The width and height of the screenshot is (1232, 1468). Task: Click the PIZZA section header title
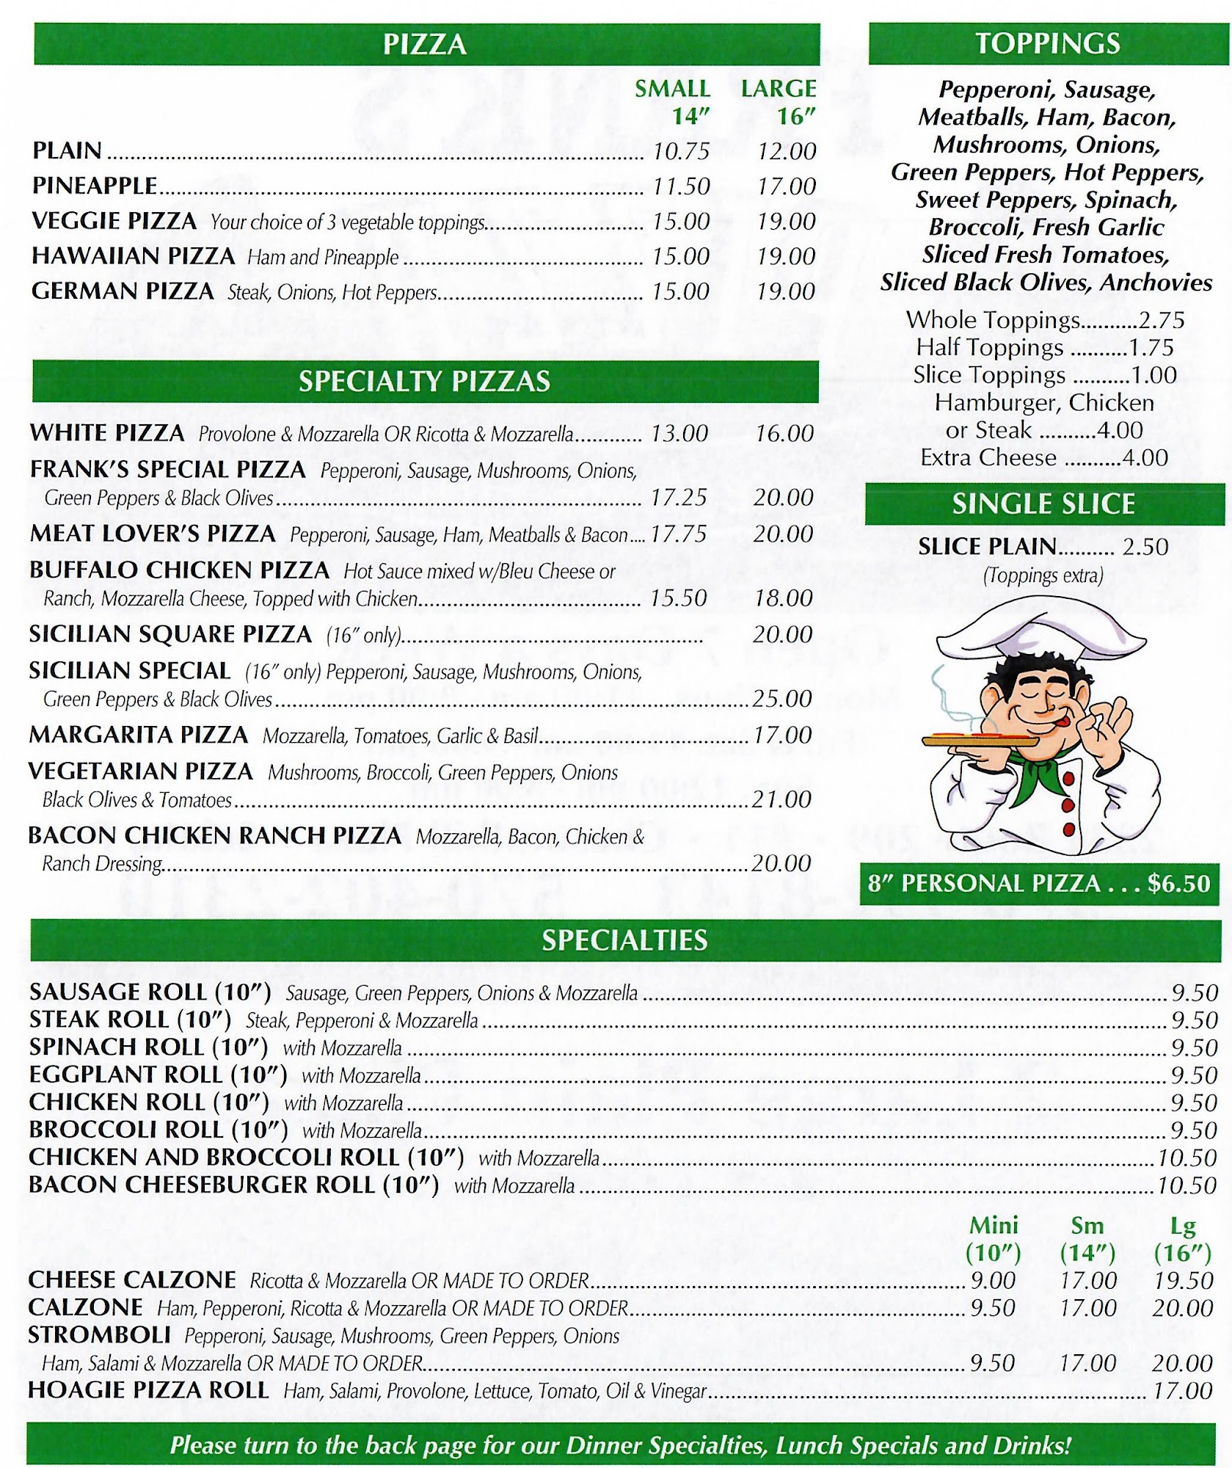424,44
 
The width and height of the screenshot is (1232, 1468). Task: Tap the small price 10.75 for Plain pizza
681,151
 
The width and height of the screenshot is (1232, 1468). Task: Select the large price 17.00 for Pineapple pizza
786,186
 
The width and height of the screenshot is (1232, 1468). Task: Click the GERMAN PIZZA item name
123,291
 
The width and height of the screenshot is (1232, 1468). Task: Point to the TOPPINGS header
1047,43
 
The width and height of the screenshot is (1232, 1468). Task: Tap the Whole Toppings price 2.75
1162,320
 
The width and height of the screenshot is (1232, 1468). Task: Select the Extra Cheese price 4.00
1145,458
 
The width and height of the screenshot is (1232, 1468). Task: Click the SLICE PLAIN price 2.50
1145,547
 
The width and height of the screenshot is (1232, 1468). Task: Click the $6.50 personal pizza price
1178,883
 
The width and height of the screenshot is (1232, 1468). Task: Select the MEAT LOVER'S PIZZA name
153,534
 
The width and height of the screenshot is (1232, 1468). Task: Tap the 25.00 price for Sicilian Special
782,699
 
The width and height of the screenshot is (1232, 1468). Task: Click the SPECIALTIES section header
624,940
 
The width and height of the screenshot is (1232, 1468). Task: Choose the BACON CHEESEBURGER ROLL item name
233,1185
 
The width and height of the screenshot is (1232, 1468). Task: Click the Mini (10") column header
994,1239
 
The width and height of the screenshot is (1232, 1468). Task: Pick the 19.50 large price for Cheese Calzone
1182,1281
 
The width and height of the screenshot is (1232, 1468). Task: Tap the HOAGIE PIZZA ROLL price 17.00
1182,1391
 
